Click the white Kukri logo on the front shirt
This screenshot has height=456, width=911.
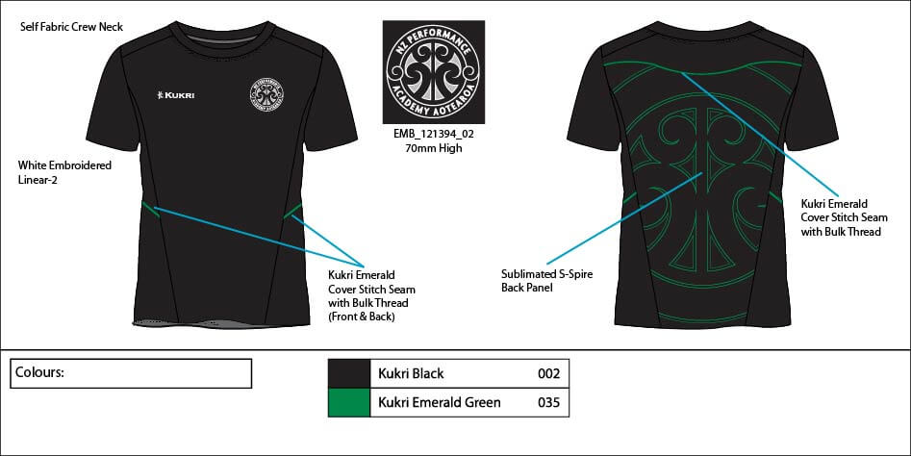tap(175, 94)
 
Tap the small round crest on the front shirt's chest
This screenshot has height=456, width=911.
tap(266, 94)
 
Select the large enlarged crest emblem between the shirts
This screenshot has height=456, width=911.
tap(434, 72)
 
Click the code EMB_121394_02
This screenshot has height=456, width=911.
tap(434, 134)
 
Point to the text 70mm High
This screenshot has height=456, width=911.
tap(434, 148)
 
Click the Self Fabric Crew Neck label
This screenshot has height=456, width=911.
tap(71, 27)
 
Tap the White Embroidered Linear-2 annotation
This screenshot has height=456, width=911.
tap(64, 172)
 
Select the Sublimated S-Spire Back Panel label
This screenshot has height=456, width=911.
tap(546, 281)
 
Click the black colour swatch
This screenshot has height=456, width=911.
tap(348, 373)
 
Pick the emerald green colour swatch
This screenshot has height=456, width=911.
tap(348, 402)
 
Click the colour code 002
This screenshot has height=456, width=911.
tap(548, 373)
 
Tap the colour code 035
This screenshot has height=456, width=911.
tap(548, 402)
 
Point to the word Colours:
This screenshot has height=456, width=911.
tap(39, 372)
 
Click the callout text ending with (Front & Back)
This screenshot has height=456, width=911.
tap(372, 295)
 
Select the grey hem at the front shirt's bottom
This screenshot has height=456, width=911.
tap(221, 323)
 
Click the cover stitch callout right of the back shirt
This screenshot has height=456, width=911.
tap(845, 217)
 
